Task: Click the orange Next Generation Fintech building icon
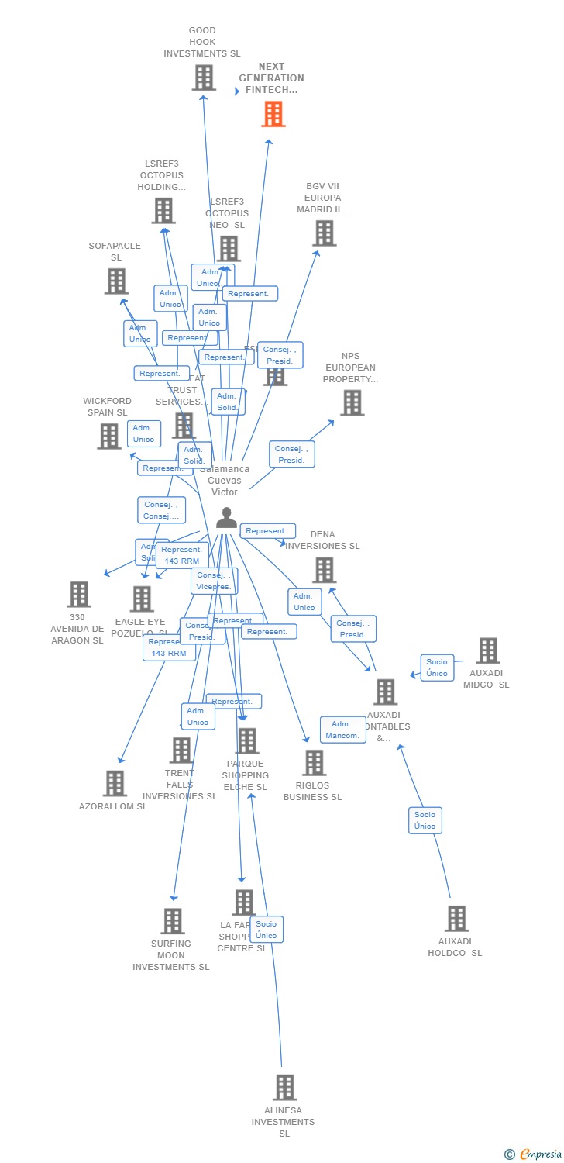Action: click(x=273, y=114)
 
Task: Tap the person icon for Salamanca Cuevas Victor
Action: click(x=226, y=518)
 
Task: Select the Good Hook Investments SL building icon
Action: click(x=203, y=78)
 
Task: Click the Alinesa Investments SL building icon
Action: click(x=284, y=1088)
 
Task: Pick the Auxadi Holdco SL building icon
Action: click(x=456, y=919)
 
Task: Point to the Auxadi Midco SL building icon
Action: click(x=487, y=651)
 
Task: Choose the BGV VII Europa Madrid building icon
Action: click(x=324, y=233)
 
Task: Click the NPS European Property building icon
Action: click(x=352, y=403)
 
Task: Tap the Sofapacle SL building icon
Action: click(x=115, y=281)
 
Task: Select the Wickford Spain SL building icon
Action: click(x=108, y=437)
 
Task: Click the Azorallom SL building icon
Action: click(x=115, y=784)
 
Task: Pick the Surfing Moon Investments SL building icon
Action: click(x=172, y=921)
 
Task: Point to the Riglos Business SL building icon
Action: click(x=314, y=763)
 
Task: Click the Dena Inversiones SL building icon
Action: click(x=324, y=571)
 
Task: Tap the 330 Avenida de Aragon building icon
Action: click(x=78, y=595)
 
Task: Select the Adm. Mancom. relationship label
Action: click(x=342, y=730)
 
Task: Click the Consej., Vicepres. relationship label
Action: click(x=214, y=581)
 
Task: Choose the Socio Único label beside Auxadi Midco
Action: click(x=437, y=667)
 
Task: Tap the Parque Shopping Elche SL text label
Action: click(x=246, y=775)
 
